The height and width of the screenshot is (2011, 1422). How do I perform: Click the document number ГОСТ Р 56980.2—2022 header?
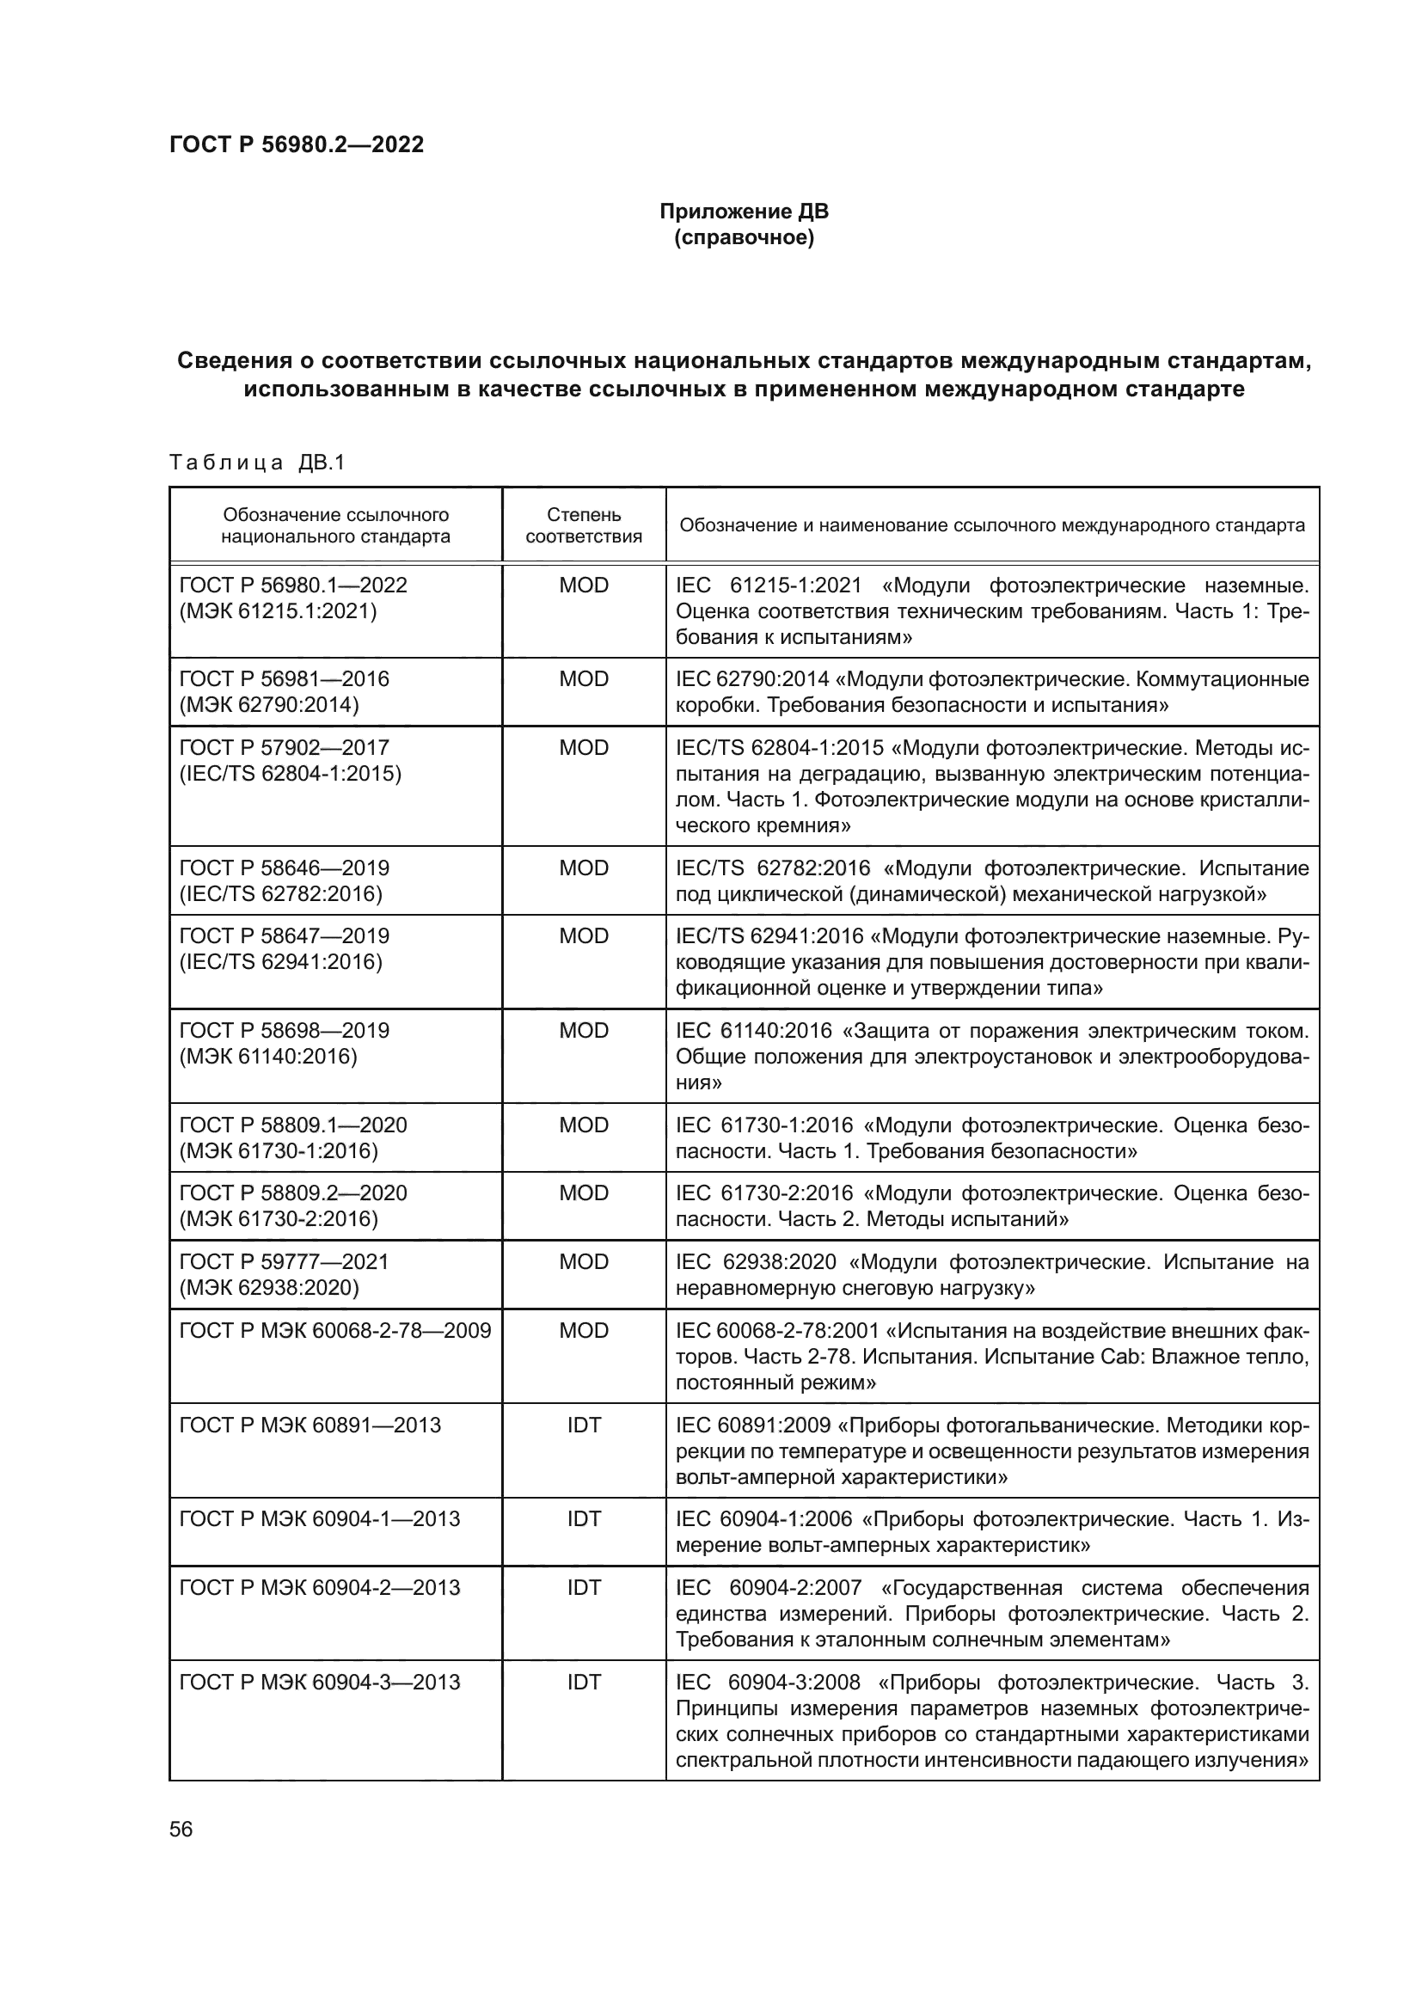(296, 144)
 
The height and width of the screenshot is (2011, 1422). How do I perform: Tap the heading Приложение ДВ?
(744, 212)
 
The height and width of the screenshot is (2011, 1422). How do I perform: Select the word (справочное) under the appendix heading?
(744, 237)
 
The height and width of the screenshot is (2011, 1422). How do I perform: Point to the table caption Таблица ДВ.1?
(257, 463)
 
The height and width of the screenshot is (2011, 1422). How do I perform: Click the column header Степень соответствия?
(583, 525)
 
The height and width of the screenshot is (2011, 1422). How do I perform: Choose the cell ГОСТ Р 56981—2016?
(284, 679)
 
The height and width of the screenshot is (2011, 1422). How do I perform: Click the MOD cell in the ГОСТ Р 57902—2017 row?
(583, 747)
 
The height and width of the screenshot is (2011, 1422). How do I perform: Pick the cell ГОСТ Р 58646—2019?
(284, 868)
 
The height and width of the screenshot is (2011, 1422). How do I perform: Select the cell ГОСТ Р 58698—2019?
(284, 1031)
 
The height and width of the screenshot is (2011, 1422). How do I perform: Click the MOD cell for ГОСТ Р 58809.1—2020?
(583, 1125)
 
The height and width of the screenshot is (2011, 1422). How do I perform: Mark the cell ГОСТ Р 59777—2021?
(284, 1261)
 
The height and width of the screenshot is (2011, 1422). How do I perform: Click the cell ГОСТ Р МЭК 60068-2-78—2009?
(334, 1330)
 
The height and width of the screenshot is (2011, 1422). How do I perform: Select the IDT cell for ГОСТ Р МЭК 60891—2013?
(583, 1425)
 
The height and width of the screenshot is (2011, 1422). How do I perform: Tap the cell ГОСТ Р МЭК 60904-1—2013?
(319, 1518)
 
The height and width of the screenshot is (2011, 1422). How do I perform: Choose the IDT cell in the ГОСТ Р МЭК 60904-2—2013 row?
(583, 1588)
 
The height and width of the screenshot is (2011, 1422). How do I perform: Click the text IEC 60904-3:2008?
(767, 1683)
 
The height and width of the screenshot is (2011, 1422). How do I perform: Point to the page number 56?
(181, 1830)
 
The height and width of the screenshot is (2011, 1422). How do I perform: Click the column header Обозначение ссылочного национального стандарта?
(335, 525)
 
